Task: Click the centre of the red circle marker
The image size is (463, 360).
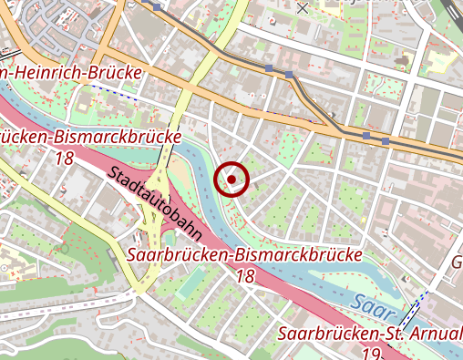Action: [x=231, y=180]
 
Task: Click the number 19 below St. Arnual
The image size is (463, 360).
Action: [x=371, y=353]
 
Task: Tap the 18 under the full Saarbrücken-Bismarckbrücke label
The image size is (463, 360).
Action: [x=244, y=274]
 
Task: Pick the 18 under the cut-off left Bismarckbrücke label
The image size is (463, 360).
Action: [x=64, y=158]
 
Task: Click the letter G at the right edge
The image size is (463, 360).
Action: [x=457, y=263]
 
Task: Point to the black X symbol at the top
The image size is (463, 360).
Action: [x=303, y=6]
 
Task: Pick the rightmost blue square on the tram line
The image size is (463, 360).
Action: [x=386, y=141]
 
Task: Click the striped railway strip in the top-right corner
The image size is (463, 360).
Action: [x=450, y=13]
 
